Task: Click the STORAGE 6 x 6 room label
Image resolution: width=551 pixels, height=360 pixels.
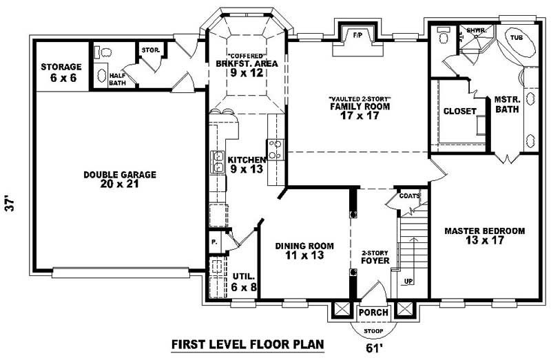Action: coord(61,72)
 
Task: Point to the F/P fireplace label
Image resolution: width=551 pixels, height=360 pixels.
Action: coord(357,34)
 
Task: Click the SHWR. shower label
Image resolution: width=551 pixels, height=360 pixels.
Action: coord(475,31)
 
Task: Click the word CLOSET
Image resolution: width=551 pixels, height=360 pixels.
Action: coord(459,112)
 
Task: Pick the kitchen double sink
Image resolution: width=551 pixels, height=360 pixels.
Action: coord(216,161)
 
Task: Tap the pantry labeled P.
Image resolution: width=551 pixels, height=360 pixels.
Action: coord(214,242)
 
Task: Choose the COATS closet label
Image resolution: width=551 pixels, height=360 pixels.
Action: coord(408,196)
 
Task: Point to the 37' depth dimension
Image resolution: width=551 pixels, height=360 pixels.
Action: coord(10,203)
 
